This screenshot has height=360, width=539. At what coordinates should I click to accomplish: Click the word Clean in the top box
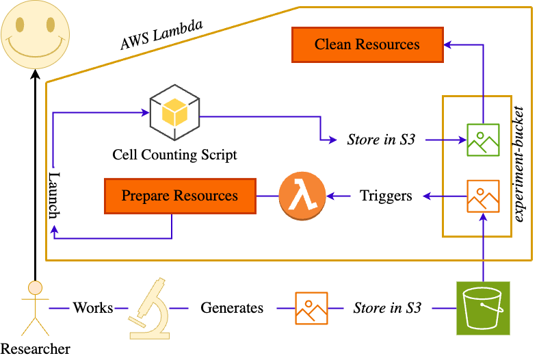[x=332, y=44]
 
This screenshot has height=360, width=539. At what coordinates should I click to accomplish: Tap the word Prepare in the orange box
[x=145, y=196]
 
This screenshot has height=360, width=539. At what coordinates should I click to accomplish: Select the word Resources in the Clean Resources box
[x=387, y=44]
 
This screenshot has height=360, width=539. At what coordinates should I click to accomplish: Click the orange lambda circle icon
[x=302, y=196]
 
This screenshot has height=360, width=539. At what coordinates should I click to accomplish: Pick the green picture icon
[x=483, y=140]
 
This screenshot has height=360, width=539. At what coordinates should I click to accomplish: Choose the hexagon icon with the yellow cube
[x=174, y=112]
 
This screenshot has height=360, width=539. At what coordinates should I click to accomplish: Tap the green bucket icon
[x=483, y=308]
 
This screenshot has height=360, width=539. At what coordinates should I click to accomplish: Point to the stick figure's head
[x=35, y=287]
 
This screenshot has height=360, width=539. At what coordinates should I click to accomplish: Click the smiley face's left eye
[x=21, y=26]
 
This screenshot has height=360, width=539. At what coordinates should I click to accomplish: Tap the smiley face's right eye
[x=50, y=26]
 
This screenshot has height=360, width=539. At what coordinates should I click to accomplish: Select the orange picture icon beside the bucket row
[x=311, y=308]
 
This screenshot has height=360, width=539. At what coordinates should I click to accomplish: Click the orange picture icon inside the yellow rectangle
[x=483, y=196]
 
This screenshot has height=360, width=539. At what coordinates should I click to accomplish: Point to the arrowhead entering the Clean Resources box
[x=448, y=44]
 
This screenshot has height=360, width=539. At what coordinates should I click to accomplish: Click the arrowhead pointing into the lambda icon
[x=330, y=196]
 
